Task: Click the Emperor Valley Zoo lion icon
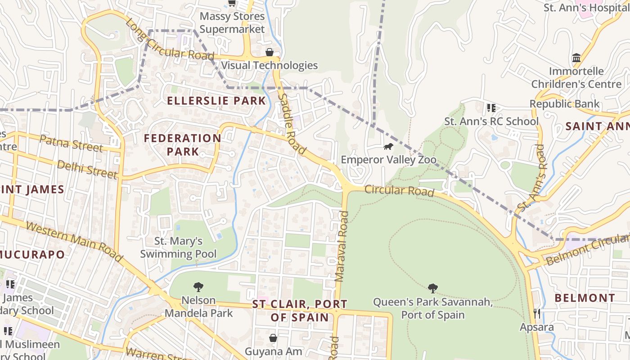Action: pos(388,147)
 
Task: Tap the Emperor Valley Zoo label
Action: pos(388,160)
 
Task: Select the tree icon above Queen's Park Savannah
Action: pos(433,288)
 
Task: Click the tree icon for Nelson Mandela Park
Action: pos(198,287)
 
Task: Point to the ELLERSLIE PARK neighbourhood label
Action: pos(216,100)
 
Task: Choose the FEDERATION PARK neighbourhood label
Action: pos(182,144)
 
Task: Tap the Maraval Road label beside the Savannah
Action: pos(342,247)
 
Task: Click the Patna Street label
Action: pos(71,143)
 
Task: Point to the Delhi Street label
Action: pos(87,169)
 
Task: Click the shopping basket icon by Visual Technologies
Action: pos(270,52)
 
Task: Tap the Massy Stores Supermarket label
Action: pos(232,22)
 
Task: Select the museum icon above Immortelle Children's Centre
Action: pos(576,58)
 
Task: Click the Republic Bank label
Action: pos(564,104)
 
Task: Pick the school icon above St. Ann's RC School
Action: pos(491,108)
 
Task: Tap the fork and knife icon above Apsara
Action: pos(536,313)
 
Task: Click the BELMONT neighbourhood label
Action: pos(585,298)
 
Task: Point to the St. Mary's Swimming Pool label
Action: pos(178,247)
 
